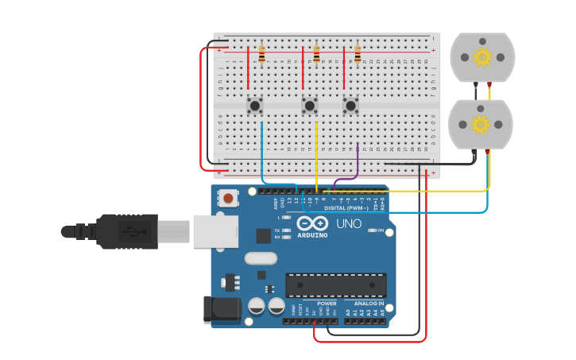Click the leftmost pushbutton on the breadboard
coord(254,105)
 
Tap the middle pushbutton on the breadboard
coord(310,105)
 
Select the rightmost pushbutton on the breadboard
coord(350,105)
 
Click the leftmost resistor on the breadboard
coord(261,53)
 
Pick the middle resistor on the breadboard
coord(316,53)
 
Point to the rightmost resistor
coord(358,53)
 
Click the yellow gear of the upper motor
coord(482,57)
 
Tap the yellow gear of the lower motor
coord(480,125)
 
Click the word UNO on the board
coord(349,224)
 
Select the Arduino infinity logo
coord(312,224)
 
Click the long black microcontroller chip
coord(336,285)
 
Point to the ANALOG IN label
coord(368,304)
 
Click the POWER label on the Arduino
coord(327,304)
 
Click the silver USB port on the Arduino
coord(215,230)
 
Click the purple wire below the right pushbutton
coord(358,163)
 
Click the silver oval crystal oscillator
coord(260,257)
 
